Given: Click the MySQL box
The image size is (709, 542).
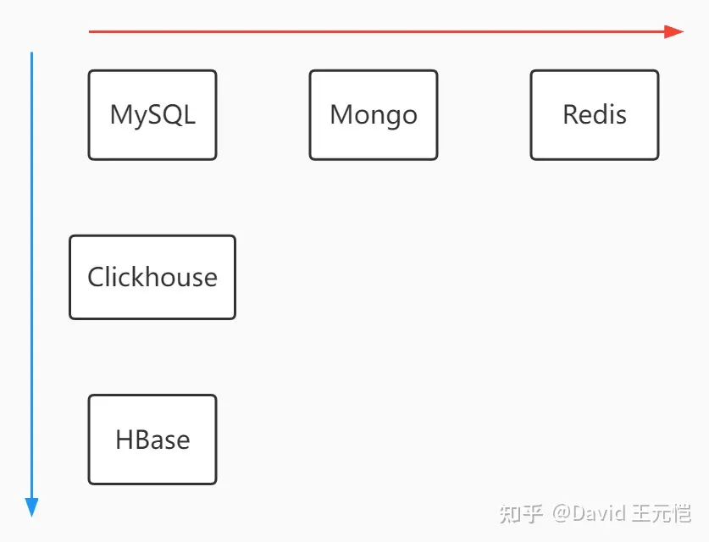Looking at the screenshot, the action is coord(152,115).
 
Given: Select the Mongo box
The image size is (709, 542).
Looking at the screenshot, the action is coord(374,115).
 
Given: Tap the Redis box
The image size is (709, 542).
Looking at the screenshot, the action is coord(595,115).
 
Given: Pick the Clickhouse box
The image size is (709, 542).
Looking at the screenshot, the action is coord(152,277).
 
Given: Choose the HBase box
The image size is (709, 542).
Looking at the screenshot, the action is coord(152,440).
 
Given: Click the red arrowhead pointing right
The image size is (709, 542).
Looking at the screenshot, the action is coord(673,31).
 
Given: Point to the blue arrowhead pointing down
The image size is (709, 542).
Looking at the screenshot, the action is coord(31,507).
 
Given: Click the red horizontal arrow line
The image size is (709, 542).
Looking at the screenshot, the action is coord(386,31).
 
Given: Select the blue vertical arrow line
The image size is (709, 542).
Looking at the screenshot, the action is coord(31,285).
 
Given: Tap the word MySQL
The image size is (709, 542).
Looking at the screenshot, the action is coord(152,115).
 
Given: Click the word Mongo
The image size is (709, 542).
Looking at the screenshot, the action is coord(374,116).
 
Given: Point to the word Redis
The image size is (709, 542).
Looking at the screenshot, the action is coord(595,114).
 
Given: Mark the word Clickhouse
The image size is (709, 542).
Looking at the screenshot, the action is coord(152,277).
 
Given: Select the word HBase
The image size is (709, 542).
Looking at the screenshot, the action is coord(152,440).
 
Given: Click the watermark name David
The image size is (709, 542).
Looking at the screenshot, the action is coord(599,513).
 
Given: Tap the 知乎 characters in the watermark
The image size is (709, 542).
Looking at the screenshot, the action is coord(521,514).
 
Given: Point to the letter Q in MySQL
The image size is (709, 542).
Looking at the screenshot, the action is coord(170,115).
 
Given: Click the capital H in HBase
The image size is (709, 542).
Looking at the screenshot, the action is coord(125,440).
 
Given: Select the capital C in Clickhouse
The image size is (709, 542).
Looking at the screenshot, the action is coord(96,277).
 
